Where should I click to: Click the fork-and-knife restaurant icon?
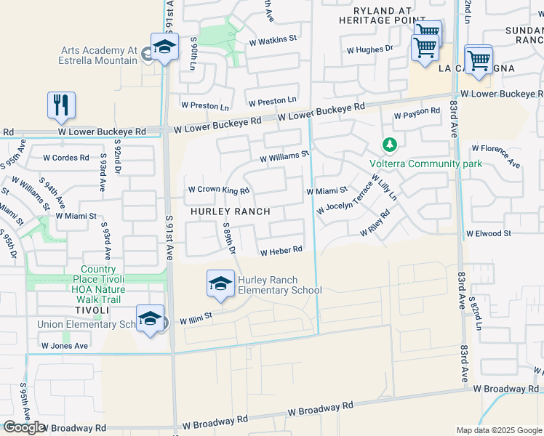[61, 105]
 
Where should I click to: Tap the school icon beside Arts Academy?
[164, 48]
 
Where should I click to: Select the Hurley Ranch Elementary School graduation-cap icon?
[220, 284]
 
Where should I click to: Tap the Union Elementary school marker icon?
[151, 320]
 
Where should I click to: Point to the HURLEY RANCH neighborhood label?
[231, 211]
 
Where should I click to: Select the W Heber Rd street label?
[281, 251]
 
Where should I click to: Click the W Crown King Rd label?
[218, 190]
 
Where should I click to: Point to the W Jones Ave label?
[65, 346]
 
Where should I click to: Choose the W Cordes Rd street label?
[65, 157]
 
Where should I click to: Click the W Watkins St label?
[273, 38]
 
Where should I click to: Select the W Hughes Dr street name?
[369, 50]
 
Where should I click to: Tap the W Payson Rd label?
[417, 113]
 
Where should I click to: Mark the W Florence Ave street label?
[495, 155]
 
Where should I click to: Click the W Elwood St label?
[488, 233]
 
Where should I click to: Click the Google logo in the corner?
[24, 427]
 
